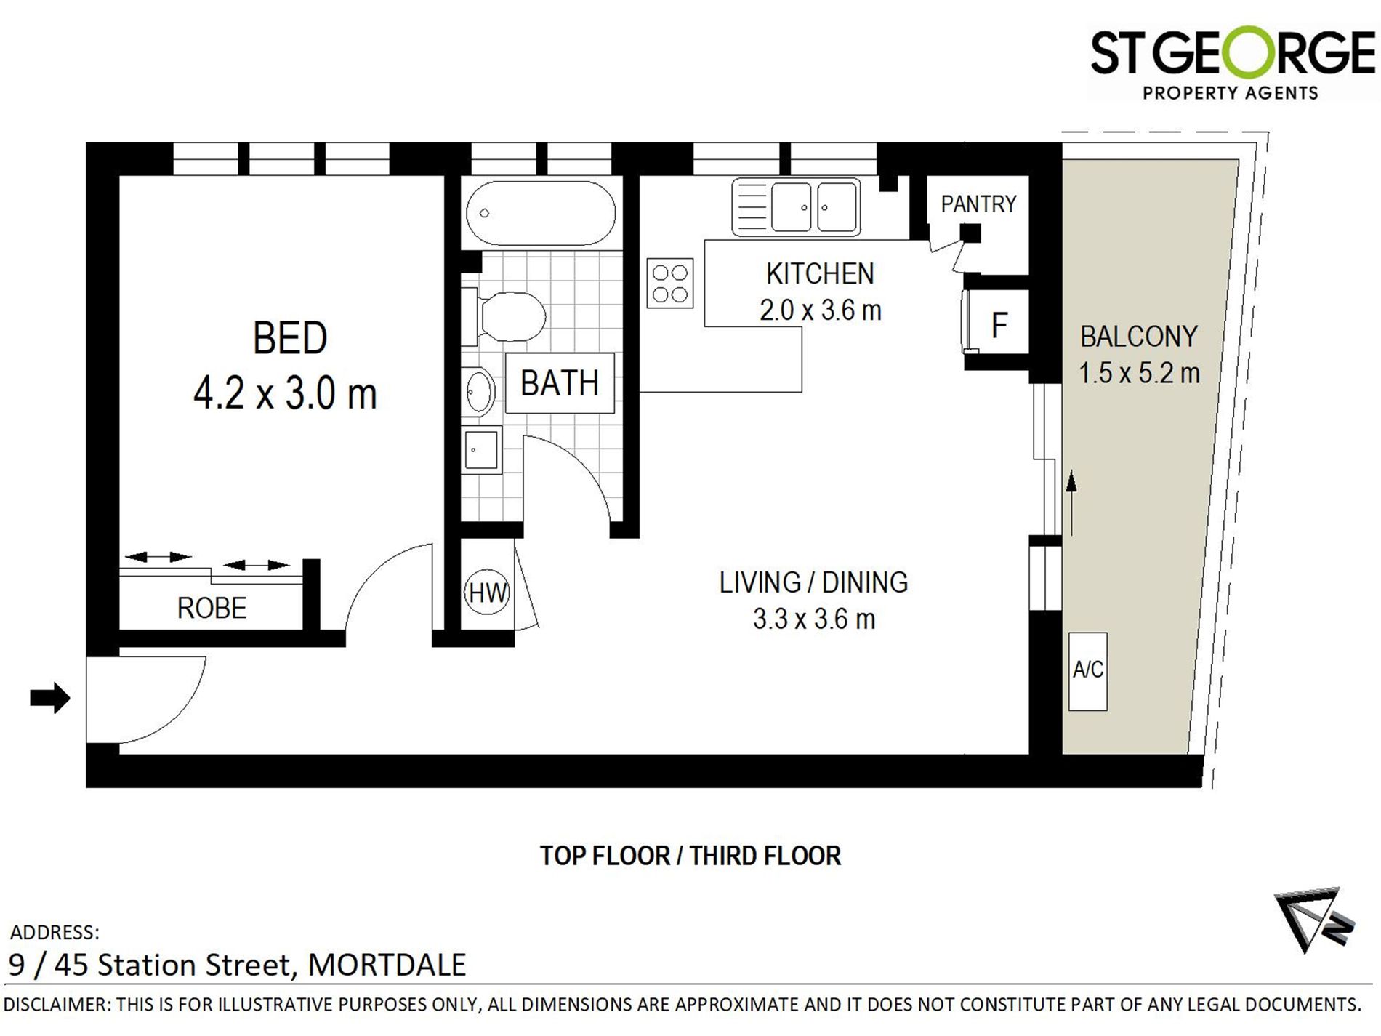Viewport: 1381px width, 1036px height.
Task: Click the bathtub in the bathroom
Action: point(540,213)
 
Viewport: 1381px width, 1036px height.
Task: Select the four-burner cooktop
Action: point(669,284)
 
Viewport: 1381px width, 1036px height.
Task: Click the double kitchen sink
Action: point(796,207)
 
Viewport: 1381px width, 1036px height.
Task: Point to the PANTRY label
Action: point(978,204)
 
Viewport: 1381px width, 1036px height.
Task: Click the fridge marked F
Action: point(999,324)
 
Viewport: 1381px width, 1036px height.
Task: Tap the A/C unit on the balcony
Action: point(1087,670)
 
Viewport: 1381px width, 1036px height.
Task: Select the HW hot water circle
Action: point(486,593)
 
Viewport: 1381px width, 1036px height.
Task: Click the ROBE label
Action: point(212,608)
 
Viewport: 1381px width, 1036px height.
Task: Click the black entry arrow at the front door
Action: point(49,698)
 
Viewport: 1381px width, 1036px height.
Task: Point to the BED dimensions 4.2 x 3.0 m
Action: point(285,395)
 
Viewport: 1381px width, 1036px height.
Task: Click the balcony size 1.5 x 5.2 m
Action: point(1138,374)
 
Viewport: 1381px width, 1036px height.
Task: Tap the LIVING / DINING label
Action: point(813,582)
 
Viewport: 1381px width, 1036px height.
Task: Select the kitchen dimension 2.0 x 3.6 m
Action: point(820,310)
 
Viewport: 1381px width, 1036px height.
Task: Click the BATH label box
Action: point(559,383)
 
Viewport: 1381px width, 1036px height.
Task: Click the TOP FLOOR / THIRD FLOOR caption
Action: point(690,856)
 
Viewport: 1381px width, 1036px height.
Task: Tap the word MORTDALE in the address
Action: point(387,965)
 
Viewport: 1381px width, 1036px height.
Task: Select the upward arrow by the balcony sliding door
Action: point(1071,502)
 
